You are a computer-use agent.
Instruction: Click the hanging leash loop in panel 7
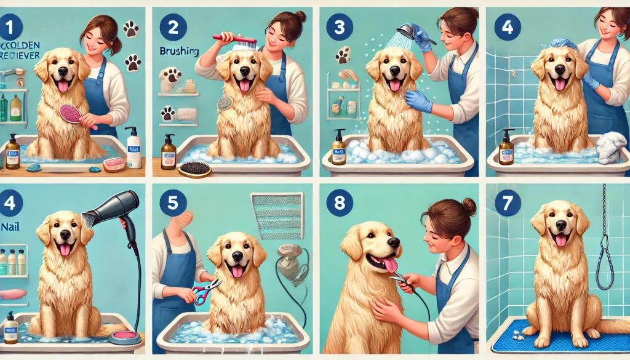tap(605, 265)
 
